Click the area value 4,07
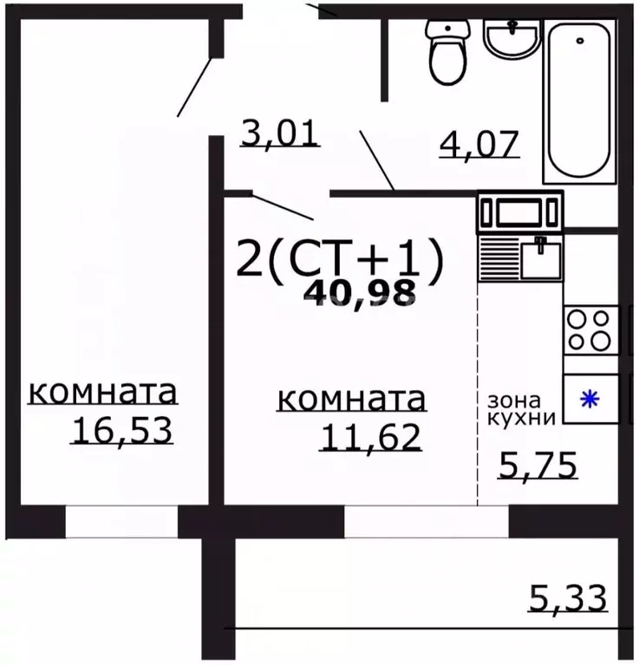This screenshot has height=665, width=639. (x=479, y=141)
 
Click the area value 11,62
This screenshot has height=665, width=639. (x=370, y=436)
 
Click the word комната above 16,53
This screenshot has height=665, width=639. (x=103, y=392)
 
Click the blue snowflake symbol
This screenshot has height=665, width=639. (x=590, y=400)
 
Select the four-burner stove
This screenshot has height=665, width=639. (x=590, y=330)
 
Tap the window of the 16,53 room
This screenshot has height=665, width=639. (x=121, y=522)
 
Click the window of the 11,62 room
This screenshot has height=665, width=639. (x=426, y=522)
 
